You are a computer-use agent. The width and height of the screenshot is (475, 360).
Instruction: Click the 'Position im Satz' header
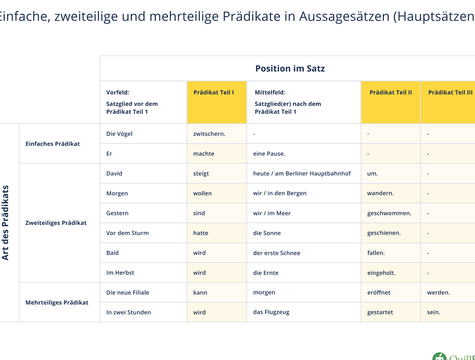coord(290,68)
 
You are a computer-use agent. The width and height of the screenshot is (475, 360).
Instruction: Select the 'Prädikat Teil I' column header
coord(213,92)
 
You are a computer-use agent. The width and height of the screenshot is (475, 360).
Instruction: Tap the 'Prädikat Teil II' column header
coord(390,92)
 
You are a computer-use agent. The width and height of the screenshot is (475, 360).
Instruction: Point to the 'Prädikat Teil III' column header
coord(450,92)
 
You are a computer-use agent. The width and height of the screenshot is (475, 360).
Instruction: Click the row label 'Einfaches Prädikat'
coord(53,144)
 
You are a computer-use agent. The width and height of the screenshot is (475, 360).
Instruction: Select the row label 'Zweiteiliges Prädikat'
coord(56,223)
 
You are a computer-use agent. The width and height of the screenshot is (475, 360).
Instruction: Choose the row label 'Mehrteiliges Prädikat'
coord(57,302)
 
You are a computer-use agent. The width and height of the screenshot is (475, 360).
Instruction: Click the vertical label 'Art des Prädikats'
coord(5,223)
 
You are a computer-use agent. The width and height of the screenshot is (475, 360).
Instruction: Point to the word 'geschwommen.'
coord(389,213)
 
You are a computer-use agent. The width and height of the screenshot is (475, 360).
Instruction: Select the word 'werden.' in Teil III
coord(438,292)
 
